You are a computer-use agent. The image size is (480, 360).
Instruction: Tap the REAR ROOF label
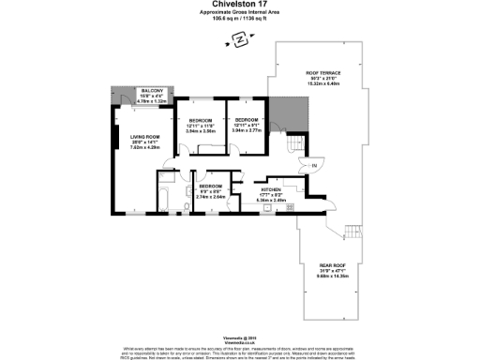[x=327, y=267]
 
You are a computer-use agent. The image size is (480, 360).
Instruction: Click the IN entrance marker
[x=314, y=166]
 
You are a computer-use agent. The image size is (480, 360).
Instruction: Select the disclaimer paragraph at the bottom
[x=240, y=348]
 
